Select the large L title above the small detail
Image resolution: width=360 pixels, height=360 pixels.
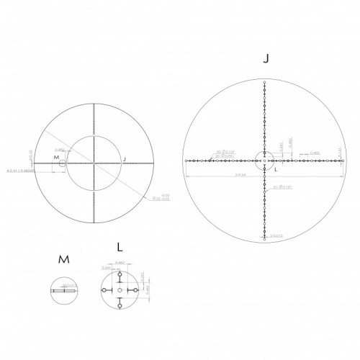pos(119,247)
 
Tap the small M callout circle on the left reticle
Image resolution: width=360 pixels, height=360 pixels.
pos(63,163)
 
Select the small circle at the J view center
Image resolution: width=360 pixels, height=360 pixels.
pos(266,160)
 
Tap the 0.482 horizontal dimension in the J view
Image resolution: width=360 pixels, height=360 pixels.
pos(314,153)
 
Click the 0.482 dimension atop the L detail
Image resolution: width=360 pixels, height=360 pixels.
pos(120,264)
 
